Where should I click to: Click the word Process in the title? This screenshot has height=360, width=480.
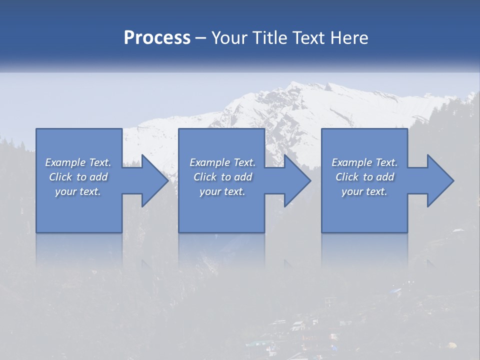157,38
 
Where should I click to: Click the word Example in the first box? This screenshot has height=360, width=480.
65,162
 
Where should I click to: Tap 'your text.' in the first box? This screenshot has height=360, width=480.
78,191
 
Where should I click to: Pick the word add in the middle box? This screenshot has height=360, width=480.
243,177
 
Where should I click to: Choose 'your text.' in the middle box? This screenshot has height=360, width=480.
222,191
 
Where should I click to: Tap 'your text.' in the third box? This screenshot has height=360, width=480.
364,191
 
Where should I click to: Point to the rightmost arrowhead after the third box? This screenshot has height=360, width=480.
439,180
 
